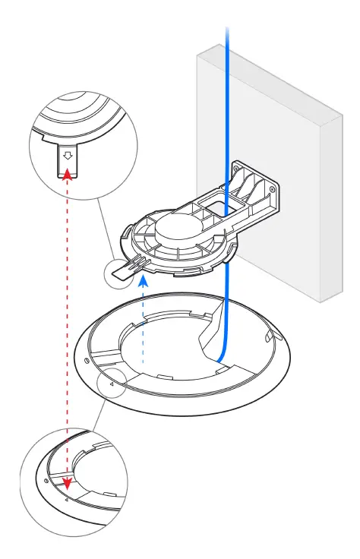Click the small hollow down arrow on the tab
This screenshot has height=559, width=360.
tap(68, 154)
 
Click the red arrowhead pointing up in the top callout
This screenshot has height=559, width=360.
tap(68, 175)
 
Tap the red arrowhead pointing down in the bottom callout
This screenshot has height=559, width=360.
tap(68, 483)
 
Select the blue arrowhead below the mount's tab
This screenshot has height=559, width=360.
tap(143, 280)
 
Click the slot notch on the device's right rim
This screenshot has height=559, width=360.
tap(267, 333)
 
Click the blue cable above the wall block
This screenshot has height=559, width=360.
tap(226, 30)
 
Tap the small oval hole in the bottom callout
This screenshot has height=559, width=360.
tap(47, 481)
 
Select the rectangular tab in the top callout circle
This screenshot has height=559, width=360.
tap(68, 161)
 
